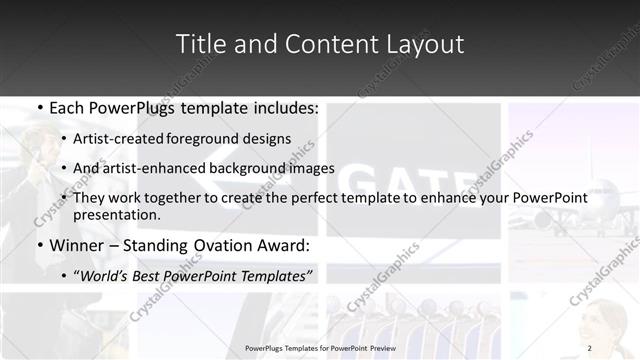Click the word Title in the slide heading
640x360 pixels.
[198, 44]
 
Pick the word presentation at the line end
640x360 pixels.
[116, 214]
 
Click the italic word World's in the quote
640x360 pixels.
[105, 275]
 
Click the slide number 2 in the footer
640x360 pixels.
[589, 348]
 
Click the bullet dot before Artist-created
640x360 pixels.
[64, 140]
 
